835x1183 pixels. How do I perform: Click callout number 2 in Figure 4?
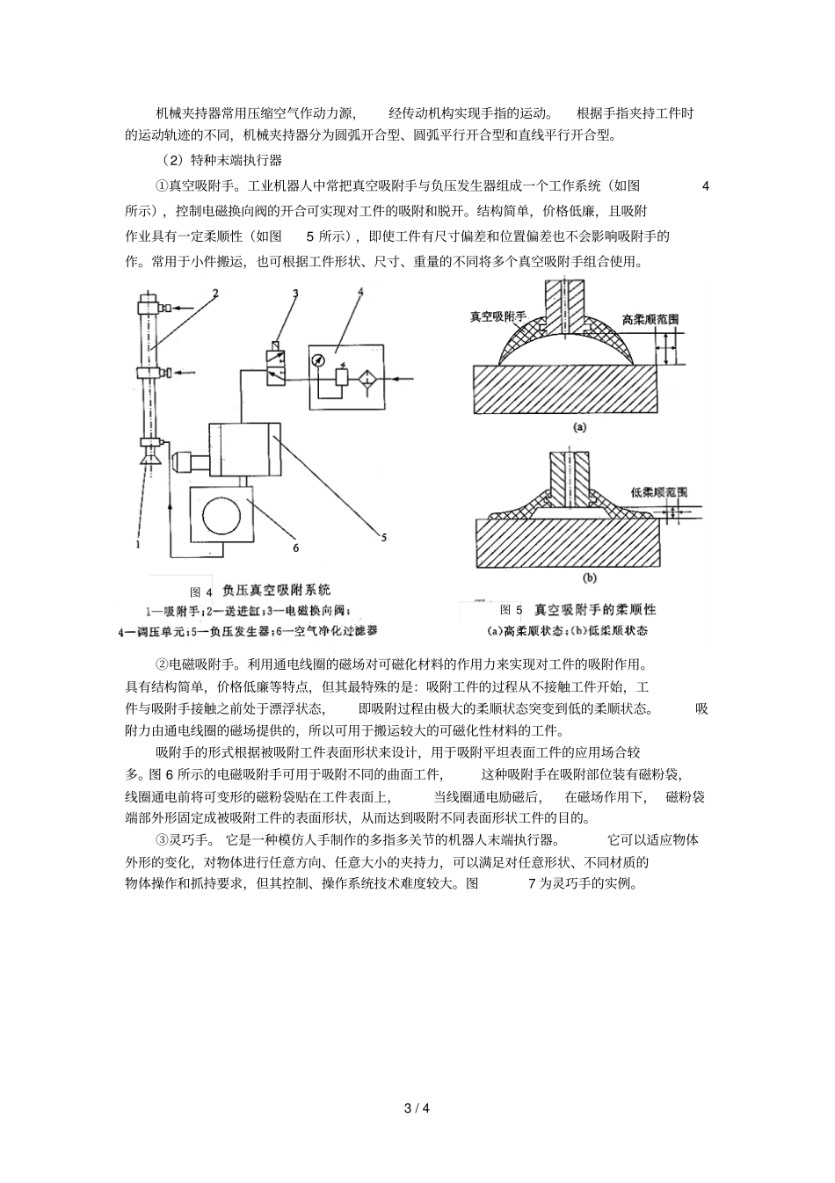pos(214,293)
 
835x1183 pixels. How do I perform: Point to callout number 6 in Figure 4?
pos(296,548)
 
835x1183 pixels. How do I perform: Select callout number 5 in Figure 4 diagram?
pos(384,538)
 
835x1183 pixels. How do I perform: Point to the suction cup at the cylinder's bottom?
pos(149,458)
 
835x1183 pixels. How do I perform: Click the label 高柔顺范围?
pos(650,320)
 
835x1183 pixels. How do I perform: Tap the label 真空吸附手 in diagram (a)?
pos(498,316)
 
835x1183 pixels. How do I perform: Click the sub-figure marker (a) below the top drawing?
pos(578,427)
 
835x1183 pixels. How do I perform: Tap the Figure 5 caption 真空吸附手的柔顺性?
pos(595,609)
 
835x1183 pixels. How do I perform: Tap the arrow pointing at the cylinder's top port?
pos(184,308)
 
